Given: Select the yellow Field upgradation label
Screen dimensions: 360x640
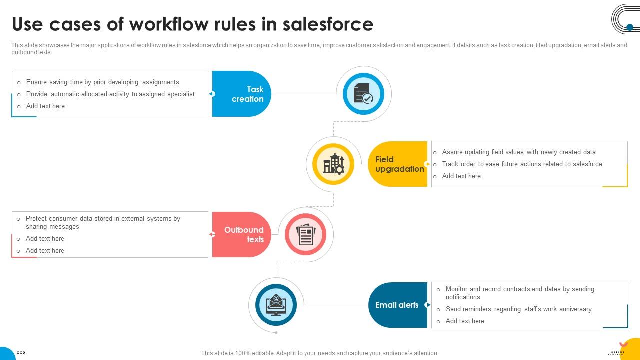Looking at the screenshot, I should pos(399,164).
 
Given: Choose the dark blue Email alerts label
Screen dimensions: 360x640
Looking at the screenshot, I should pos(397,305).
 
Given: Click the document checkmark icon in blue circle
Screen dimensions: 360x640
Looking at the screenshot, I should pos(363,94).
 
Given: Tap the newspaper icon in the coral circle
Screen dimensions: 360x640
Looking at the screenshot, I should pos(305,234).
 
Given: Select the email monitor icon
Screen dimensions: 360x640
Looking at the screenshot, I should pos(276,305).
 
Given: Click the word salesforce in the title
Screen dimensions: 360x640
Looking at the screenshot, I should pos(327,24).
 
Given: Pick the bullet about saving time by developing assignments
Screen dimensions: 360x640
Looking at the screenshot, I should pos(102,82).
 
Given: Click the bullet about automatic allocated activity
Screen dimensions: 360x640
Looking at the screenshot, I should pos(110,94).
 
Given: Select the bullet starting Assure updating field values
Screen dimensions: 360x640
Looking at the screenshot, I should pos(519,152).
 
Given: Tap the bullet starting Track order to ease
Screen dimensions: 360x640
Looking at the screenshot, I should pos(522,164).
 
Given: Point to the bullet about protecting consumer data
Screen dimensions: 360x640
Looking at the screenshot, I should pos(103,222).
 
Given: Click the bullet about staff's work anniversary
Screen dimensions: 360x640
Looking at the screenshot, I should pos(518,309).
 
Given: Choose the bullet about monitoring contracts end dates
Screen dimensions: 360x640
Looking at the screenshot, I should pos(520,293).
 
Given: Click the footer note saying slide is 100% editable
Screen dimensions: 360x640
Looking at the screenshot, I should pos(320,353).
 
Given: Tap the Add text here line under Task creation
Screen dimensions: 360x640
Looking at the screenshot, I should pos(45,106).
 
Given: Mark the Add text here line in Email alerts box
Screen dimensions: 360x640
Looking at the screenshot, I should pos(465,321).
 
